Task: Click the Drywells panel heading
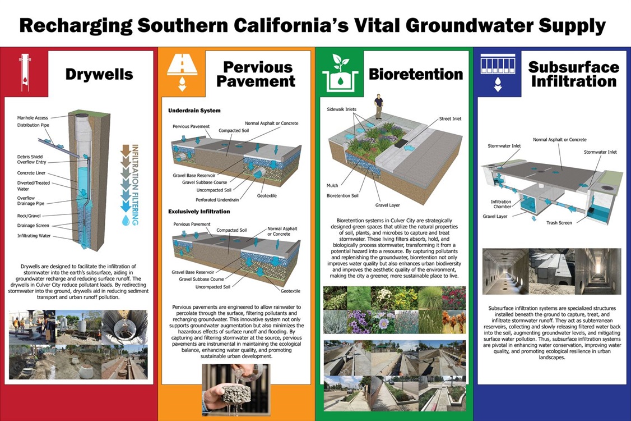point(99,74)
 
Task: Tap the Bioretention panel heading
point(416,74)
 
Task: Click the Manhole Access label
point(33,118)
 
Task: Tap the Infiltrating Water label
point(34,236)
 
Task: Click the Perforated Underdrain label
point(217,199)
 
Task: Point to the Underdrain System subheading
point(194,111)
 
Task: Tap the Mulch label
point(332,185)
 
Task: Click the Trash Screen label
point(559,223)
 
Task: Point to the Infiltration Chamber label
point(500,204)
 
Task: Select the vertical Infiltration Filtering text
point(134,185)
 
